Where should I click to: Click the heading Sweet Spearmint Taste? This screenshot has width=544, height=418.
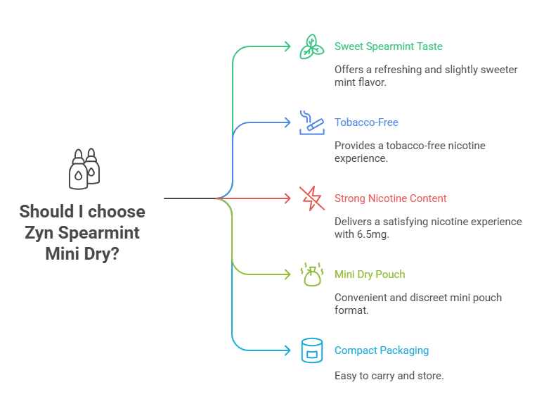click(x=388, y=46)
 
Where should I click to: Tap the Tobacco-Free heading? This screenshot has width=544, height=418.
click(x=366, y=122)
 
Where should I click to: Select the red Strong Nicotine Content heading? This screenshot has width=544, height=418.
click(x=390, y=198)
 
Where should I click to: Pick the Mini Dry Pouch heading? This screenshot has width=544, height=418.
click(x=369, y=274)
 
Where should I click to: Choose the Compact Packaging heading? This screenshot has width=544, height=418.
click(x=381, y=350)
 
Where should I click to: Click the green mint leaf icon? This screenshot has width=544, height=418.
click(x=311, y=46)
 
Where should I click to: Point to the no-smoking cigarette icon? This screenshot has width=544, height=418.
click(x=311, y=122)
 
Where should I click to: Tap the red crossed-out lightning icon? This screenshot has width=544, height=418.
click(x=311, y=198)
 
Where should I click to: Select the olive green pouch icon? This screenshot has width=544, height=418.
click(x=311, y=274)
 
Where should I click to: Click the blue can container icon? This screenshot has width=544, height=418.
click(x=311, y=350)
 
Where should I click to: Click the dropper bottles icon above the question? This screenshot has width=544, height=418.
click(x=83, y=169)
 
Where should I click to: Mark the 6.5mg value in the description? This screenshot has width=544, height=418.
click(x=373, y=234)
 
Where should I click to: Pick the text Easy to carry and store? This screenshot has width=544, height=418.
click(x=389, y=376)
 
